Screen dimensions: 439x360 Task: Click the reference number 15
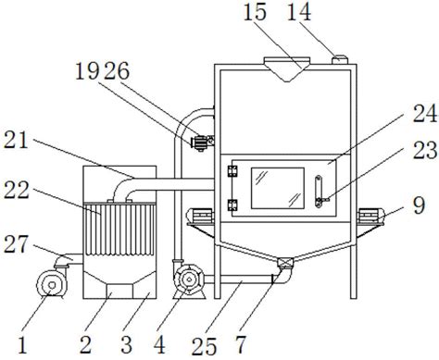point(255,13)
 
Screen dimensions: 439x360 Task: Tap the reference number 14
point(299,13)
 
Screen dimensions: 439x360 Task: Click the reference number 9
point(419,205)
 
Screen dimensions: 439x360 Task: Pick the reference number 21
point(16,141)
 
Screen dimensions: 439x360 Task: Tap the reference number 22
point(17,190)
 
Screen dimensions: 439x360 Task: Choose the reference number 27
point(16,244)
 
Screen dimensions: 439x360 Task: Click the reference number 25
point(204,346)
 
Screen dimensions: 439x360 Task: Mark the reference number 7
point(241,344)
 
